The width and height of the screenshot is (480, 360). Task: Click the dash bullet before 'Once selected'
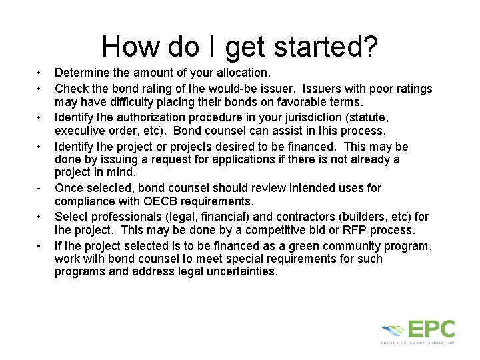tap(40, 188)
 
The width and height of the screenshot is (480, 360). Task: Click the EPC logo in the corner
tap(418, 331)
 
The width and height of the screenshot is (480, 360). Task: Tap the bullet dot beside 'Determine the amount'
tap(40, 71)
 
